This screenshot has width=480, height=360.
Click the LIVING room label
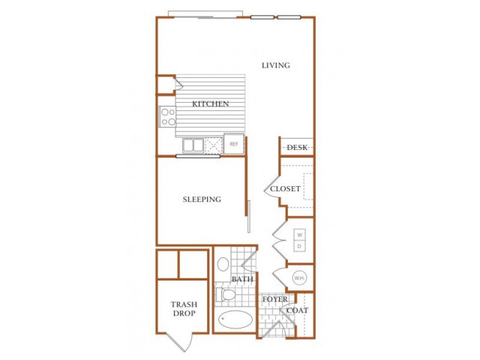tap(276, 65)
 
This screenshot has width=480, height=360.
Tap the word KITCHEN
tap(210, 103)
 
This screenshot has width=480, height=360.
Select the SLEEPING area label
tap(202, 199)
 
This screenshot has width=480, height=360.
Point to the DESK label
tap(297, 148)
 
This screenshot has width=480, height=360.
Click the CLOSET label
tap(285, 188)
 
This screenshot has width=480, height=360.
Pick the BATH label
tap(242, 279)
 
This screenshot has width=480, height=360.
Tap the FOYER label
tap(275, 299)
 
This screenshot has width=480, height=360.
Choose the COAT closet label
tap(297, 310)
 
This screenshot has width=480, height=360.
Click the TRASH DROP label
tap(184, 309)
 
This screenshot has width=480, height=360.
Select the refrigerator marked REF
tap(234, 143)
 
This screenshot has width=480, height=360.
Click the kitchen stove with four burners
tap(168, 117)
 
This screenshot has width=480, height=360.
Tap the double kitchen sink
tap(193, 145)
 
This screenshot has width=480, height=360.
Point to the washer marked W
tap(300, 235)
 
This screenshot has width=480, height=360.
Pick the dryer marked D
tap(300, 246)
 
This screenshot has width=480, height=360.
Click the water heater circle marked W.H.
tap(300, 278)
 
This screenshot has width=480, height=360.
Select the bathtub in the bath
tap(235, 319)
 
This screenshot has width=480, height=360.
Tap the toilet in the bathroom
tap(226, 295)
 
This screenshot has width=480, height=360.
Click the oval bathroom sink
tap(223, 264)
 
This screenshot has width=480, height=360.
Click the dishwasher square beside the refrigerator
tap(214, 145)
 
